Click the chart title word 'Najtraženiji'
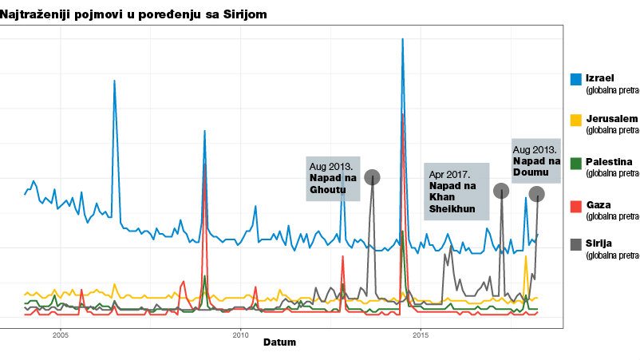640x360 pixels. point(35,14)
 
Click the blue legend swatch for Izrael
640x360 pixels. point(575,78)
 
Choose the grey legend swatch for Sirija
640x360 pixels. point(575,243)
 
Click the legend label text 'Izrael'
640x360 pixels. point(599,77)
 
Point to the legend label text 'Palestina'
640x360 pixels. point(609,162)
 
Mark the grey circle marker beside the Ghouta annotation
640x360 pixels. point(372,177)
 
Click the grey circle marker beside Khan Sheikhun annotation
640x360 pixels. point(500,191)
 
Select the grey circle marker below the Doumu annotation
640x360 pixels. point(537,194)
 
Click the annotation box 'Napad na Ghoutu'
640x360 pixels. point(333,178)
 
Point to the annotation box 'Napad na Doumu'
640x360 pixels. point(535,160)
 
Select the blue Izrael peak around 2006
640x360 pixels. point(114,81)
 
